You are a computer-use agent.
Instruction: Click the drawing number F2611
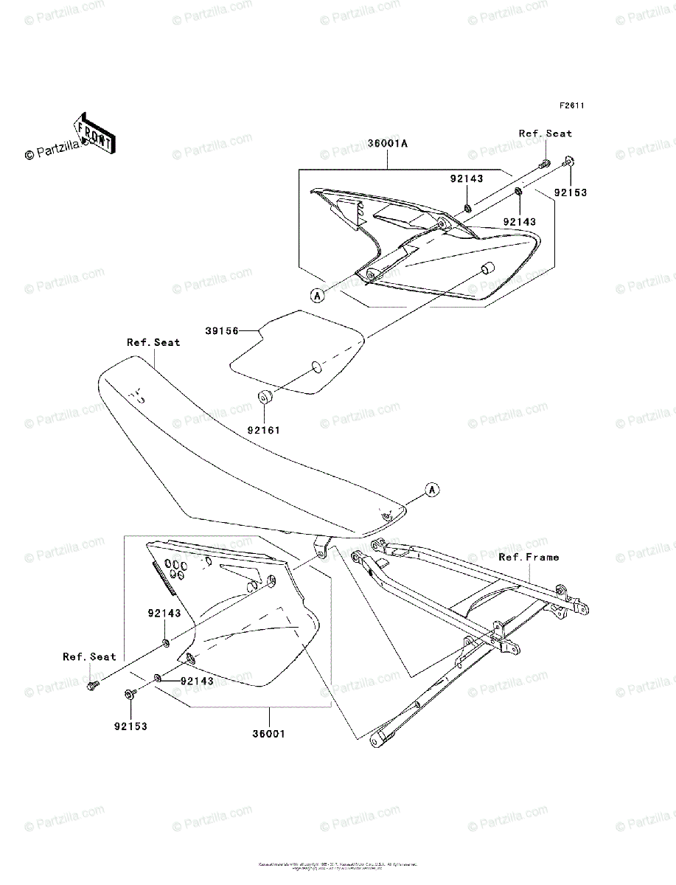click(571, 105)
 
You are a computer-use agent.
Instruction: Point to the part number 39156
click(221, 332)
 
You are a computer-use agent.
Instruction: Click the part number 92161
click(264, 429)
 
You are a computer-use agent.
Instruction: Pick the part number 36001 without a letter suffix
click(269, 734)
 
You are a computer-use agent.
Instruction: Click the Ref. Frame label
click(529, 557)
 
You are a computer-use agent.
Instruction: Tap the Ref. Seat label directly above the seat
click(153, 342)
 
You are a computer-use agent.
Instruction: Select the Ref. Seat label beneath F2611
click(545, 133)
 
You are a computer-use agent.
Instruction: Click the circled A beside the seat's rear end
click(432, 489)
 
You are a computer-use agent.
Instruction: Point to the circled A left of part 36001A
click(318, 296)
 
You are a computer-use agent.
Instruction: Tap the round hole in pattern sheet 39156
click(316, 367)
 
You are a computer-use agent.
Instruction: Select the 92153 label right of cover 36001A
click(571, 192)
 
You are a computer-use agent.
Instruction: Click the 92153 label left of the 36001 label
click(130, 726)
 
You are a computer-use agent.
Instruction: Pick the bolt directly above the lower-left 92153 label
click(130, 693)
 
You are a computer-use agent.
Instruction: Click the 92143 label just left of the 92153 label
click(520, 221)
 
